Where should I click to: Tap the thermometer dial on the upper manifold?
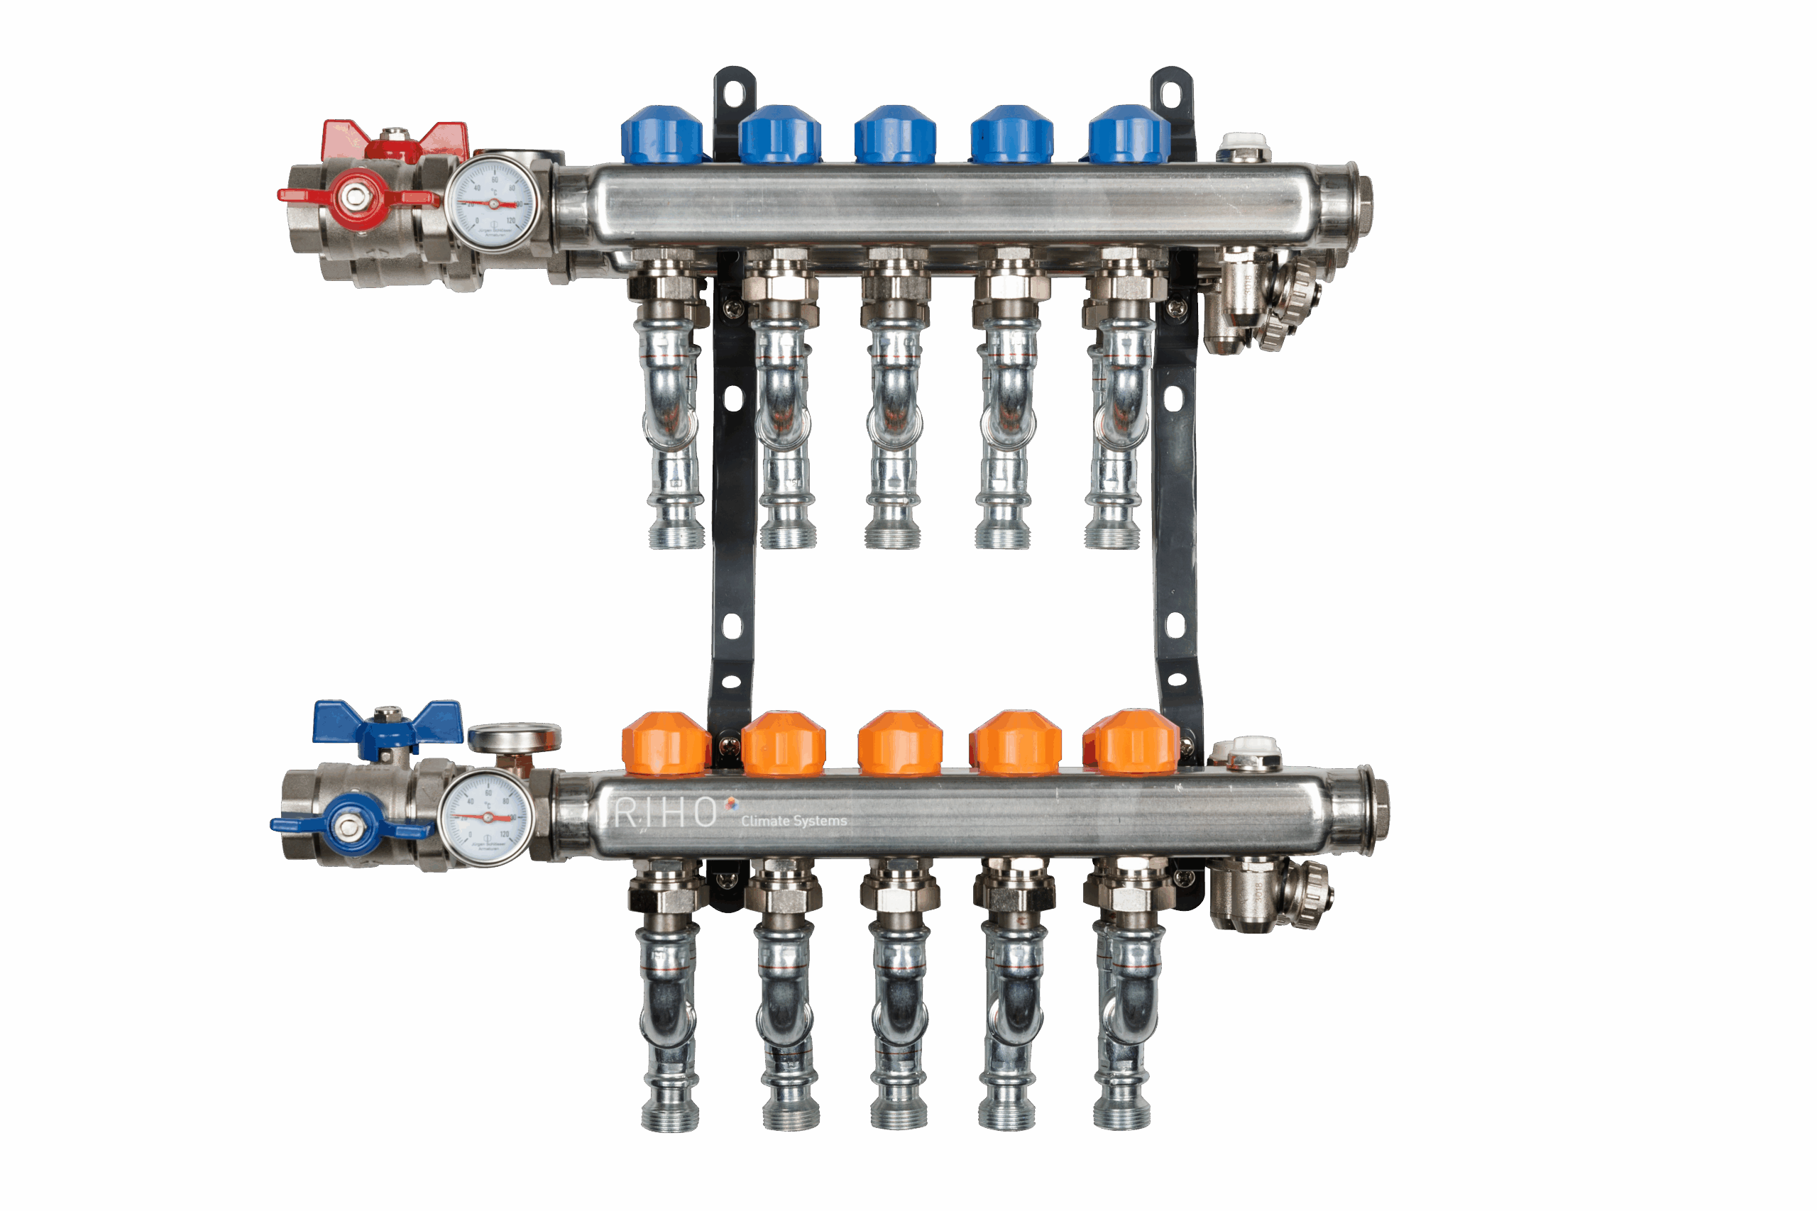(493, 204)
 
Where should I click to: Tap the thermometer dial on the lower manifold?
(486, 817)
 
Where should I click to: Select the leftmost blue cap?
(662, 136)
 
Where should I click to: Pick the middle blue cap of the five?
(895, 136)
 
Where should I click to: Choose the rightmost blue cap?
(1129, 136)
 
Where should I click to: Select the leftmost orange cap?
(664, 743)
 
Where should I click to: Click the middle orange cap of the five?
(900, 743)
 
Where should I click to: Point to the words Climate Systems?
(794, 820)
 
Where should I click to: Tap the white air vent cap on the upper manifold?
(1244, 143)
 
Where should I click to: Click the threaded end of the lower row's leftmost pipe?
(670, 1115)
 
